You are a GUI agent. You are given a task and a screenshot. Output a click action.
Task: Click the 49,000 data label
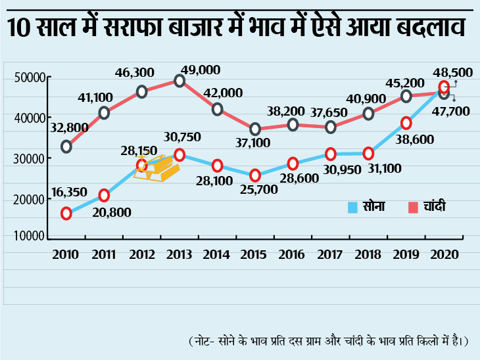pyautogui.click(x=201, y=69)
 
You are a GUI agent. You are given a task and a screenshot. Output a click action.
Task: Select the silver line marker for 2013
pyautogui.click(x=180, y=81)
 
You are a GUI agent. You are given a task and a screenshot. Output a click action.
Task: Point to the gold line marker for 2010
pyautogui.click(x=66, y=213)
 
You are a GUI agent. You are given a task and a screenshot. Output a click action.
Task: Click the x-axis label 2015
pyautogui.click(x=255, y=254)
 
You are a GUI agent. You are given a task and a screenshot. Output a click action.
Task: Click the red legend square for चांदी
pyautogui.click(x=413, y=208)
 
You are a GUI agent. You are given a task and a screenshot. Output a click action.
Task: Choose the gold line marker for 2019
pyautogui.click(x=406, y=123)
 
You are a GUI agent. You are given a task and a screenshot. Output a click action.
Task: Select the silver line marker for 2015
pyautogui.click(x=255, y=129)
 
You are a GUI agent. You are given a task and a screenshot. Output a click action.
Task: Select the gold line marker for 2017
pyautogui.click(x=331, y=154)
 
